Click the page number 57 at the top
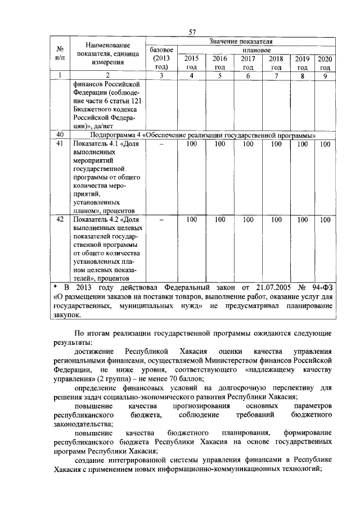192,32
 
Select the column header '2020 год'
325,62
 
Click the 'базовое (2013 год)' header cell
161,58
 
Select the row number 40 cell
60,135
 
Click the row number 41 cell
60,145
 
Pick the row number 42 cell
60,220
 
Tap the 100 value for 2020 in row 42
325,220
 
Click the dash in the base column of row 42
161,220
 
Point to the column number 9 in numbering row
325,75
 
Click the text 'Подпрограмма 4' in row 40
116,135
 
